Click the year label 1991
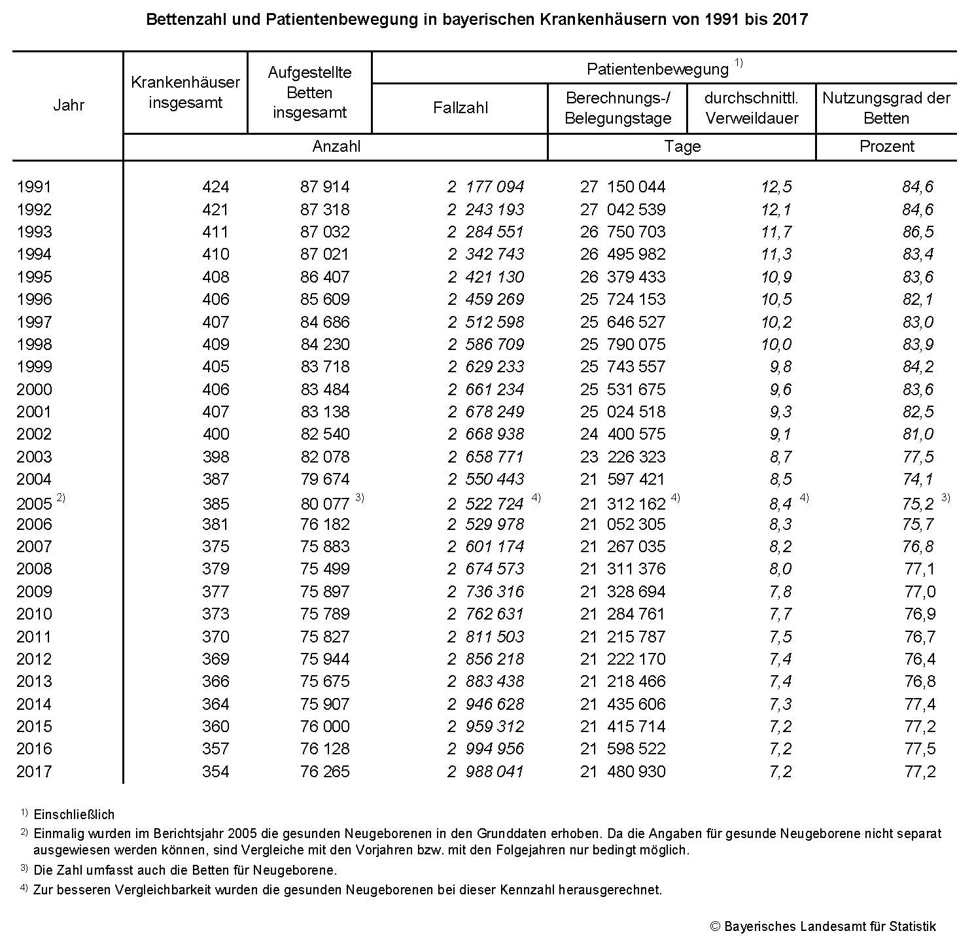[x=34, y=187]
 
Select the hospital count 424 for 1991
[x=215, y=187]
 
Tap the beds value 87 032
[x=325, y=232]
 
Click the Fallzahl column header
[x=460, y=108]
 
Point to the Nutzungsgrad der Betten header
[x=886, y=108]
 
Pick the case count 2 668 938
[x=486, y=434]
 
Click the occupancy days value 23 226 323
[x=623, y=457]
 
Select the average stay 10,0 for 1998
[x=776, y=345]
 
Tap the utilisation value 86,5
[x=918, y=232]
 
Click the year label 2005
[x=34, y=504]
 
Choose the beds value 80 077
[x=325, y=504]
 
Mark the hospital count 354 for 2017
[x=215, y=772]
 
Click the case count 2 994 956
[x=486, y=749]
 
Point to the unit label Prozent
[x=886, y=147]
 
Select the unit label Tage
[x=682, y=147]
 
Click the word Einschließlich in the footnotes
[x=74, y=815]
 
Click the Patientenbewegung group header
[x=657, y=69]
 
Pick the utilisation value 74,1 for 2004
[x=918, y=480]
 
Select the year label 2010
[x=34, y=614]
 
